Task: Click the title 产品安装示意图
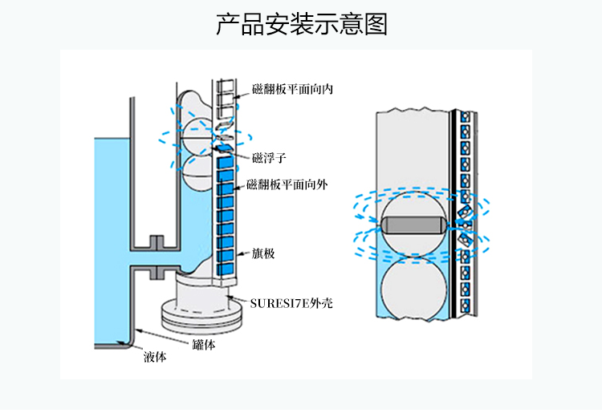tap(301, 25)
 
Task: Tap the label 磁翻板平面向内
tap(292, 90)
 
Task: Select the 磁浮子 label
tap(269, 156)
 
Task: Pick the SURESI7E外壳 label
tap(291, 302)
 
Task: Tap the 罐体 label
tap(204, 345)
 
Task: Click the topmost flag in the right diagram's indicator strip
tap(465, 119)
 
